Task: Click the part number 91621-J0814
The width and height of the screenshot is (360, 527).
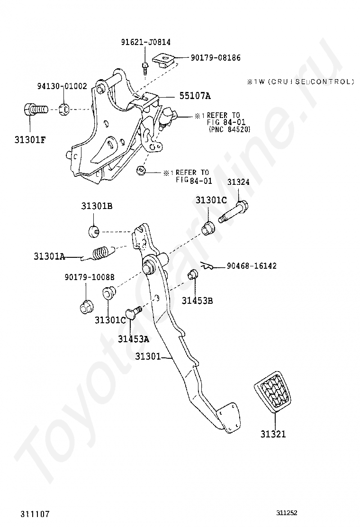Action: click(x=146, y=42)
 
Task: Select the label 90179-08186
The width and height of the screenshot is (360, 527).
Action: click(x=216, y=58)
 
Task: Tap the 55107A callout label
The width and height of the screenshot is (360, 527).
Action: click(x=195, y=96)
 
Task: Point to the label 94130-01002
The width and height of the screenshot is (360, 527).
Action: click(x=62, y=86)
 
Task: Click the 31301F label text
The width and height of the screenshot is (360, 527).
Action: click(x=30, y=139)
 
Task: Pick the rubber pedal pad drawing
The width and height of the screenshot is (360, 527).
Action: click(x=272, y=391)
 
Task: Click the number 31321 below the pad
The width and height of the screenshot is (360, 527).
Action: click(x=273, y=434)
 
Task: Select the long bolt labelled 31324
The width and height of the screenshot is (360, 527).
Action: click(x=233, y=211)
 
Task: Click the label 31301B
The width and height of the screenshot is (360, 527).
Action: click(x=97, y=206)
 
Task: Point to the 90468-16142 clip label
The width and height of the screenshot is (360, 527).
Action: click(x=252, y=266)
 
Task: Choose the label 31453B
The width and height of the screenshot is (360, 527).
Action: click(x=197, y=300)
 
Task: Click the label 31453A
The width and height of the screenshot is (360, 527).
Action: click(x=133, y=339)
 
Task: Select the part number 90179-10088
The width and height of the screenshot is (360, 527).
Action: click(x=90, y=277)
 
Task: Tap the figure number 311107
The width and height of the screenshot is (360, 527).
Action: click(x=35, y=514)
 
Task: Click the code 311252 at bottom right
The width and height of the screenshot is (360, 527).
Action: click(x=287, y=513)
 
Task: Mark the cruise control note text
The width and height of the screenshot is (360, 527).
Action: click(x=301, y=82)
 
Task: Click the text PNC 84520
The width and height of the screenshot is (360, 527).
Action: click(x=230, y=129)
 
